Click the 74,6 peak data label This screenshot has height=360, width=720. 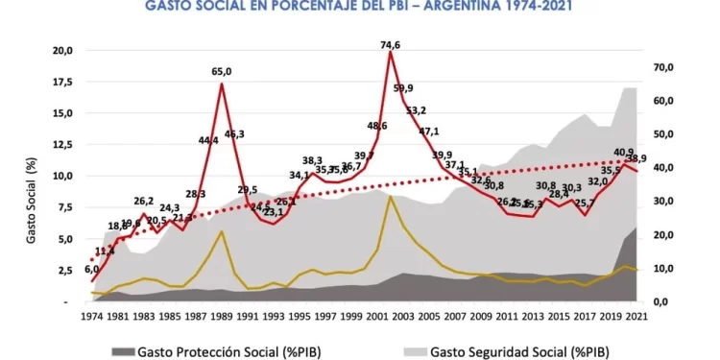[x=390, y=44]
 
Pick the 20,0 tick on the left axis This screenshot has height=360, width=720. [x=61, y=50]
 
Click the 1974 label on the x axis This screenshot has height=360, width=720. [x=93, y=315]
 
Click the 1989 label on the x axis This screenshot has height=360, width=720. [x=223, y=315]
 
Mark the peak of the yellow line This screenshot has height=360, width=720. [x=390, y=197]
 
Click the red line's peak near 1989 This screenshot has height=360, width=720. [x=222, y=84]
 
